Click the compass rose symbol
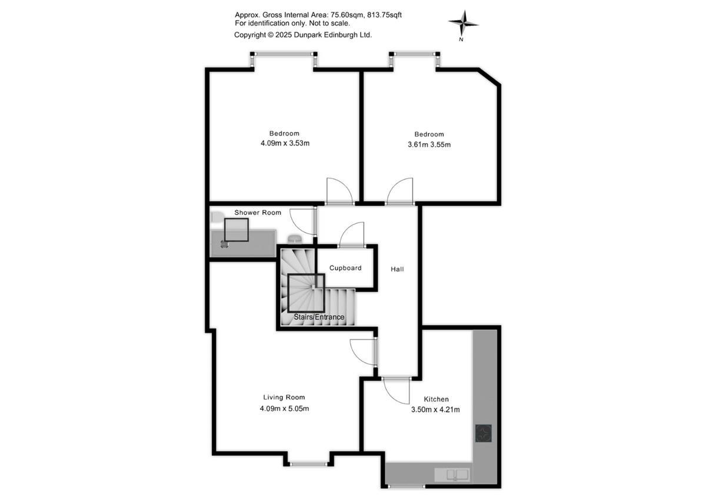(x=463, y=24)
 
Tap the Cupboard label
(x=345, y=268)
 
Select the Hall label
(x=397, y=269)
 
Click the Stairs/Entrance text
(x=319, y=317)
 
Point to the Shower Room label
(x=258, y=213)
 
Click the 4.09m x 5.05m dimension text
(x=284, y=409)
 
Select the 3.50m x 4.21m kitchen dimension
(x=435, y=409)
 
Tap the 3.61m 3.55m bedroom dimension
(x=429, y=144)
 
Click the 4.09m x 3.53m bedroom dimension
(x=285, y=143)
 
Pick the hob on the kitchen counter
(x=484, y=433)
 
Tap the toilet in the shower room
(x=217, y=217)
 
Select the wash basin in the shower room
(x=295, y=239)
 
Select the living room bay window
(x=308, y=463)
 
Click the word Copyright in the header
(x=250, y=35)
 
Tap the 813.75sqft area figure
(x=384, y=15)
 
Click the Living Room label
(x=284, y=398)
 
